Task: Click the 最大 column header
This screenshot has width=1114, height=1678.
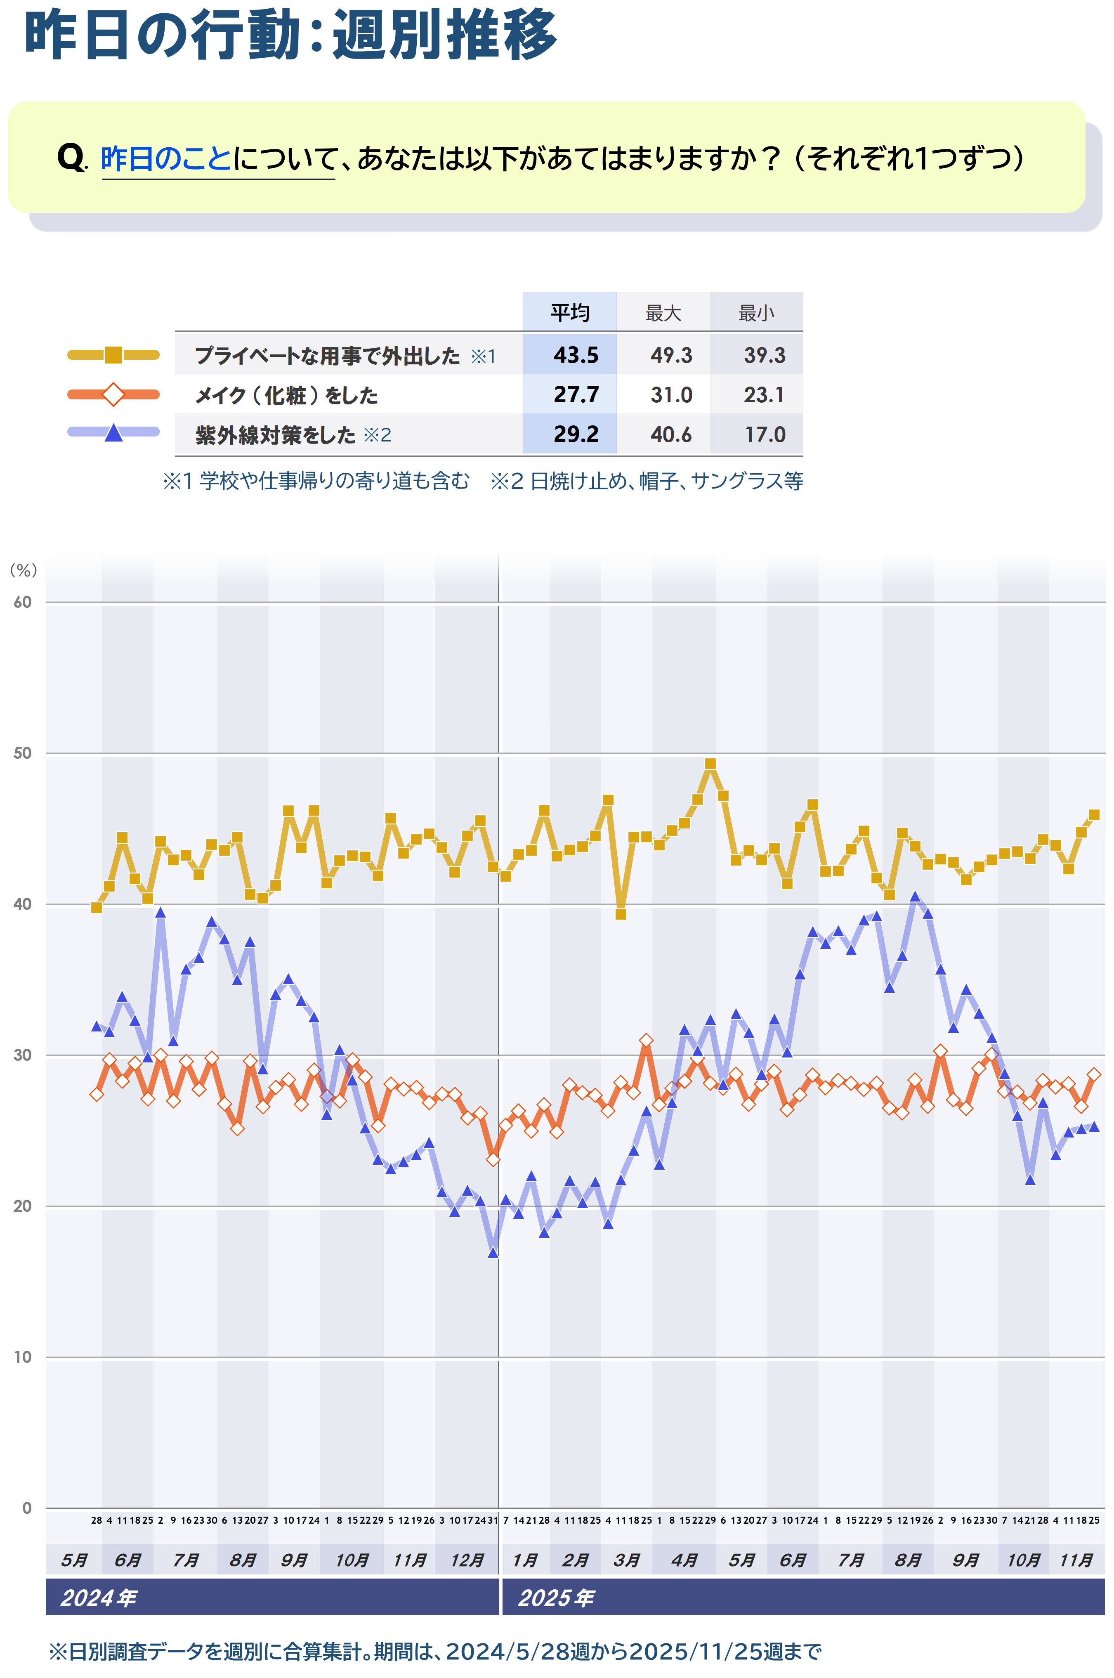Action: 663,313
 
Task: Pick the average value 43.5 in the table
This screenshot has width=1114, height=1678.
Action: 576,354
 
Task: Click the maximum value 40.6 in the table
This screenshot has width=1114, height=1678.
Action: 671,434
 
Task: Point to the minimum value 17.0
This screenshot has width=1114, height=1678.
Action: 765,434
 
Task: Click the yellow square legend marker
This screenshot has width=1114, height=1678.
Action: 114,354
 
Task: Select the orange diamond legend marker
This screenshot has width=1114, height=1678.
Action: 114,394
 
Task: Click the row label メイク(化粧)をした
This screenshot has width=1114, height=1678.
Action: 286,395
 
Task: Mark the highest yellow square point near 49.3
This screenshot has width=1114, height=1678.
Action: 710,764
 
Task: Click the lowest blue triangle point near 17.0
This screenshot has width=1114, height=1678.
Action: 493,1253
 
